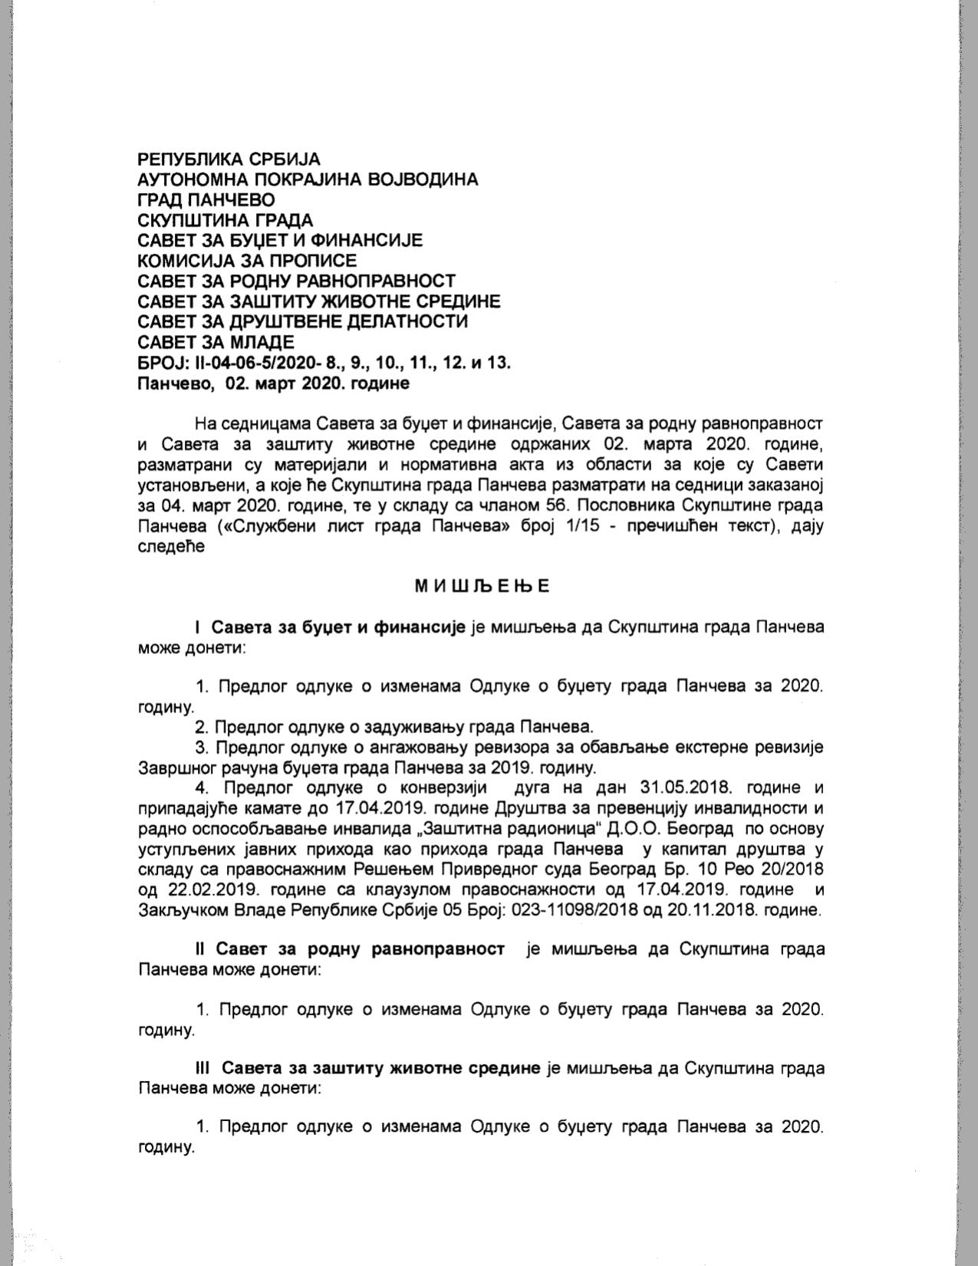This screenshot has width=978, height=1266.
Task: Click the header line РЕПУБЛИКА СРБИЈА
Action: [229, 159]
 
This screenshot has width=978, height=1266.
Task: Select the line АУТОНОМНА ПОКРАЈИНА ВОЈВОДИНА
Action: [308, 179]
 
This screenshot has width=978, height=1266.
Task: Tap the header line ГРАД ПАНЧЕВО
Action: [206, 200]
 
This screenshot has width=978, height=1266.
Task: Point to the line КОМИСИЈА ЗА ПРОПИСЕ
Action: [247, 261]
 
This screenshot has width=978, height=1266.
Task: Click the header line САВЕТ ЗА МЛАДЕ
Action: [216, 342]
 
